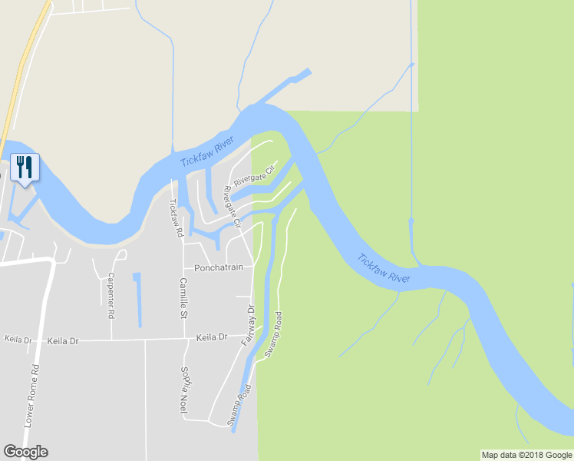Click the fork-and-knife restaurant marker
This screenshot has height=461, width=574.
coord(25,167)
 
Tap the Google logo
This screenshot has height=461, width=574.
coord(25,452)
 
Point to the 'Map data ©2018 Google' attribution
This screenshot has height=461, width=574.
coord(526,455)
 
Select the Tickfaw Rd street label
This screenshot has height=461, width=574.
coord(175,217)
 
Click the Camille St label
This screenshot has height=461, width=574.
coord(183,298)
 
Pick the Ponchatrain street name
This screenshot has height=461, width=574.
coord(219,267)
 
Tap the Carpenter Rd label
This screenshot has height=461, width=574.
coord(111,295)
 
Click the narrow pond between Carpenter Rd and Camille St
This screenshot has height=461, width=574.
coord(137,298)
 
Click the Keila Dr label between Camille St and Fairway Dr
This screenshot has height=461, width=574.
coord(212,337)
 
